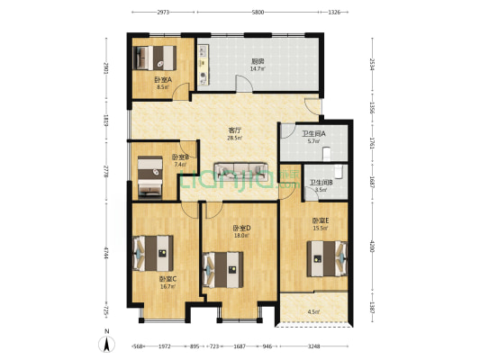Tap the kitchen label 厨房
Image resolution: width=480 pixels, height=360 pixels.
click(258, 62)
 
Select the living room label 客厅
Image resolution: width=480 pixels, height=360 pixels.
click(234, 131)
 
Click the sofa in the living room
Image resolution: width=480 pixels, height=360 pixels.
click(239, 170)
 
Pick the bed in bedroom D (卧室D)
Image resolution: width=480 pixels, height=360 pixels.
click(223, 267)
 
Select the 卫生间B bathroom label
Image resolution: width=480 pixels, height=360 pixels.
click(321, 183)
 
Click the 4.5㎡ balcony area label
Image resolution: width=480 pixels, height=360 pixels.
click(313, 312)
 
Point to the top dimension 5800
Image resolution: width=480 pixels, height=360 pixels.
click(258, 13)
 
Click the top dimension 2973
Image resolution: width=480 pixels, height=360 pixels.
click(163, 13)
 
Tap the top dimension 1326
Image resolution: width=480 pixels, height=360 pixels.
click(334, 13)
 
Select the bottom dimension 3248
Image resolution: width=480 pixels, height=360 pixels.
click(312, 346)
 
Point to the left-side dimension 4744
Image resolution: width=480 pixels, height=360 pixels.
click(105, 253)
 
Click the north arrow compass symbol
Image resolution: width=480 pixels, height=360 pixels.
click(107, 343)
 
